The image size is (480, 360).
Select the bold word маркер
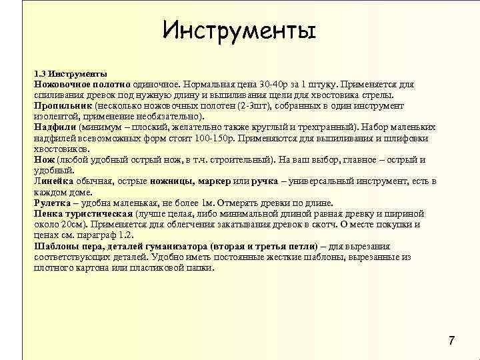click(213, 181)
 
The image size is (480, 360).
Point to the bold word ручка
click(265, 181)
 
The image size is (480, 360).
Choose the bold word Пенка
click(48, 213)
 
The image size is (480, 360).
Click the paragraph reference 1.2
click(126, 235)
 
